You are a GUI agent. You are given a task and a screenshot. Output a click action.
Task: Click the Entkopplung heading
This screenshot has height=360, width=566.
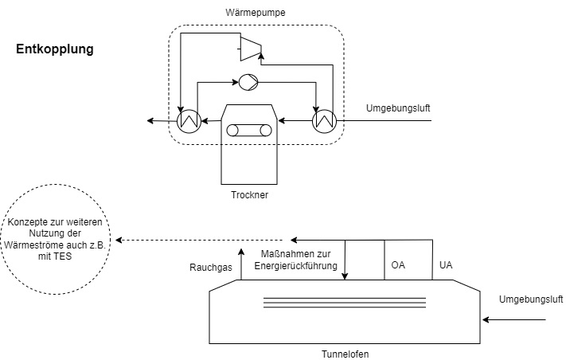pos(55,49)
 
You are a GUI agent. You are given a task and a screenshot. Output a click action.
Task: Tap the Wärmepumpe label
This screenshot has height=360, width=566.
pos(256,12)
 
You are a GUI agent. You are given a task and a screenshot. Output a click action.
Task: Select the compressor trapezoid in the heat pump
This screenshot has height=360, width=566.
pos(252,47)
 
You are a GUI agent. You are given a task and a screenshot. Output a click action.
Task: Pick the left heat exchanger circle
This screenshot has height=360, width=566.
pos(189,120)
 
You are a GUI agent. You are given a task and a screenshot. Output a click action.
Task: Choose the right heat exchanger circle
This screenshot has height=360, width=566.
pos(325,120)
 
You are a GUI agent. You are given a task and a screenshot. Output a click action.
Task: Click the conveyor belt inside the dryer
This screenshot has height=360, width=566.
pos(248,131)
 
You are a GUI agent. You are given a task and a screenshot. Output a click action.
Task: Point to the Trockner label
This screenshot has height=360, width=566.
pos(248,194)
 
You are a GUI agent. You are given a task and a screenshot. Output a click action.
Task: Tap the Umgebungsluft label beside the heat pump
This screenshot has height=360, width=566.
pos(397,108)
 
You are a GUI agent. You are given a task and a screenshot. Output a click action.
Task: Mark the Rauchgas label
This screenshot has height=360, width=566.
pos(210,268)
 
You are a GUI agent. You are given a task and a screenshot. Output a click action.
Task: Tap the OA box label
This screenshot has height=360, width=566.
pos(399,263)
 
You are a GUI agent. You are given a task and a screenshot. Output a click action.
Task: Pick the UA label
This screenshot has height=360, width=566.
pos(446,263)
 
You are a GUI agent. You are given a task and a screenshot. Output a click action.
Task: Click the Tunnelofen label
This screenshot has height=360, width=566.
pos(345,353)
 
